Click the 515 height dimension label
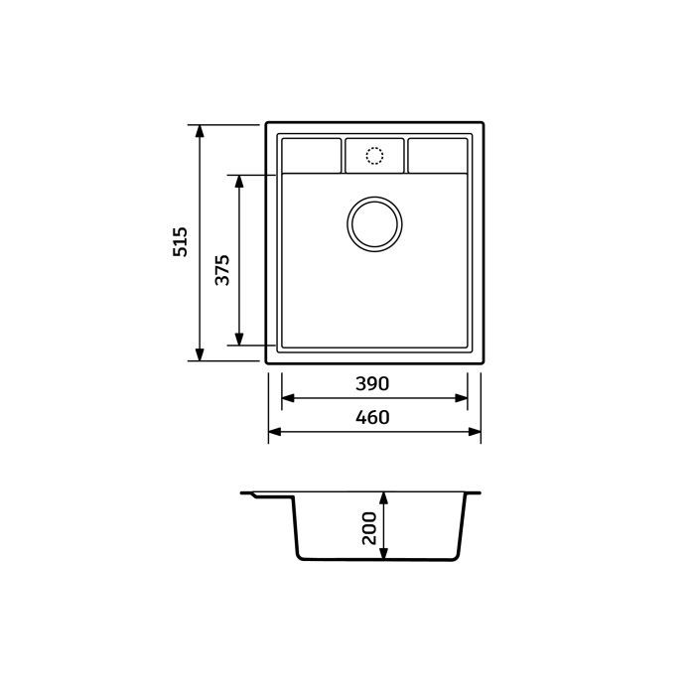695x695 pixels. coord(181,243)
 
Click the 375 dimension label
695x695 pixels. coord(223,270)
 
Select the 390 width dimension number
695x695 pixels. coord(374,383)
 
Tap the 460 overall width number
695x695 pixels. coord(374,418)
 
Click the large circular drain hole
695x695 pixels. coord(374,220)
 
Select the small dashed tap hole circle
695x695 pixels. coord(374,156)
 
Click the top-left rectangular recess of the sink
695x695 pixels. coord(311,155)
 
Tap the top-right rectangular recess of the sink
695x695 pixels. coord(438,155)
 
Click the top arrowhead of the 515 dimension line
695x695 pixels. coord(200,132)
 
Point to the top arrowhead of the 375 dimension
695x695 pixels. coord(239,183)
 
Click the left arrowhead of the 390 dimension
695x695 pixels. coord(288,398)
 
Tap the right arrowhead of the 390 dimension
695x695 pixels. coord(462,398)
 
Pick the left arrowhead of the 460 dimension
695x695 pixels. coord(275,432)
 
